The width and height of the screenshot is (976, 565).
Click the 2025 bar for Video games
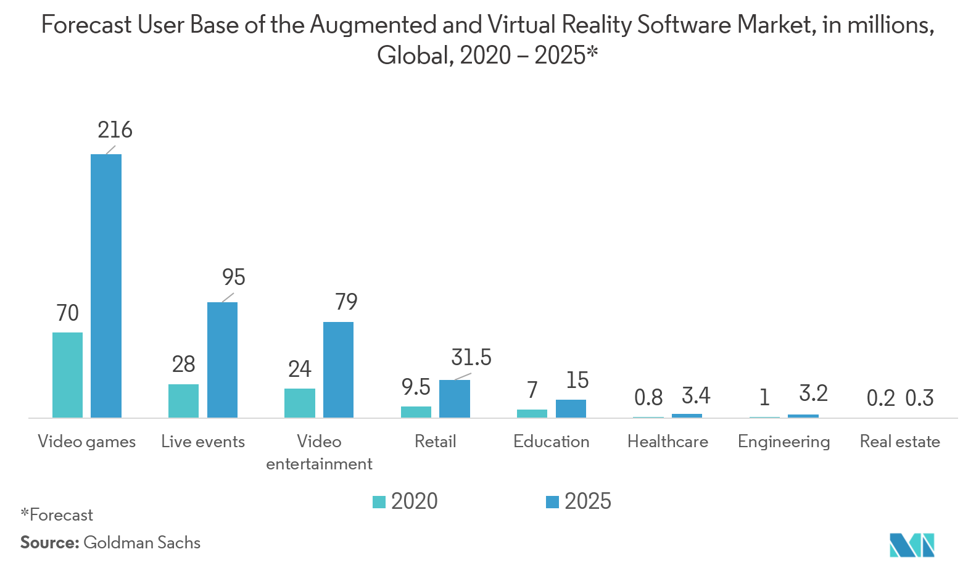click(x=106, y=286)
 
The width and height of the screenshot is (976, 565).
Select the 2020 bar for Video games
click(x=67, y=375)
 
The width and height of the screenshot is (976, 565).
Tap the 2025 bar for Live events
click(x=222, y=360)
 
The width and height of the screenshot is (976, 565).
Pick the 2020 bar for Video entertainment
click(x=300, y=403)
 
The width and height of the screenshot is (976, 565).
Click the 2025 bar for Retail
click(x=454, y=398)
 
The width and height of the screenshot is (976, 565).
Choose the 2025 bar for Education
click(x=571, y=408)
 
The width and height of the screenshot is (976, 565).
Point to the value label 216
click(x=115, y=130)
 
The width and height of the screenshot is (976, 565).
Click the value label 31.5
click(x=471, y=357)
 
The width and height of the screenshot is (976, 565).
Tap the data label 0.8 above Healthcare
click(x=648, y=398)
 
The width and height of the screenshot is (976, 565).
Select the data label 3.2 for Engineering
click(x=813, y=394)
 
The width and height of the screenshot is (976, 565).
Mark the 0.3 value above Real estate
click(x=919, y=398)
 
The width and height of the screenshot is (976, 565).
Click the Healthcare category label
click(x=668, y=442)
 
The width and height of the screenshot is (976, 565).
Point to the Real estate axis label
click(x=899, y=442)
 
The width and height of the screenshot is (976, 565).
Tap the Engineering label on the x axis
click(x=784, y=442)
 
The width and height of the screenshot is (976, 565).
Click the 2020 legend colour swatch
click(x=379, y=501)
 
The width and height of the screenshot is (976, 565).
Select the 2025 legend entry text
click(x=587, y=501)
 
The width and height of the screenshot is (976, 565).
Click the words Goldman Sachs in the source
click(x=142, y=543)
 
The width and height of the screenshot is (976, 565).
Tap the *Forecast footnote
click(x=57, y=515)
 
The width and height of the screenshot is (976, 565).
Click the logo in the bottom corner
click(x=912, y=545)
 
